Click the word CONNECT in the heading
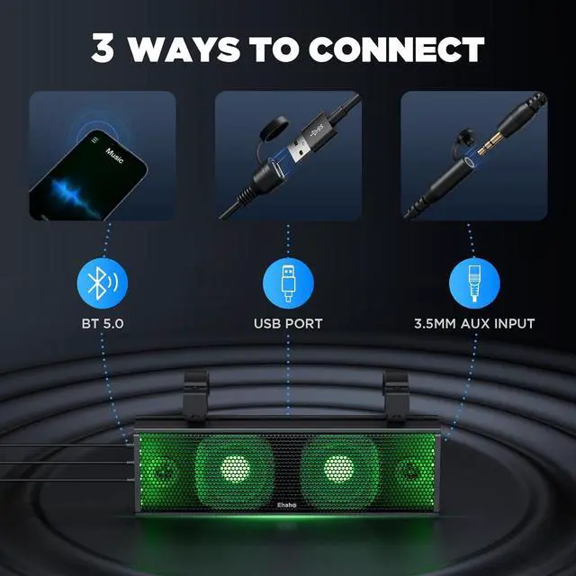[392, 49]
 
